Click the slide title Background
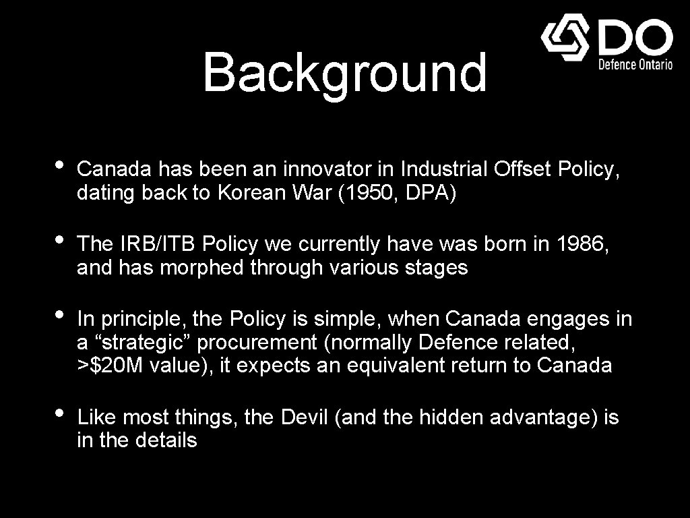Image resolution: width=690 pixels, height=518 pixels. pyautogui.click(x=344, y=73)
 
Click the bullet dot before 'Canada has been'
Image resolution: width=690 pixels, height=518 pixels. pyautogui.click(x=59, y=165)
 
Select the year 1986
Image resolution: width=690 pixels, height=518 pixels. pyautogui.click(x=581, y=243)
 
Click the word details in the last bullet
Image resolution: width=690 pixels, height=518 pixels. pyautogui.click(x=166, y=441)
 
